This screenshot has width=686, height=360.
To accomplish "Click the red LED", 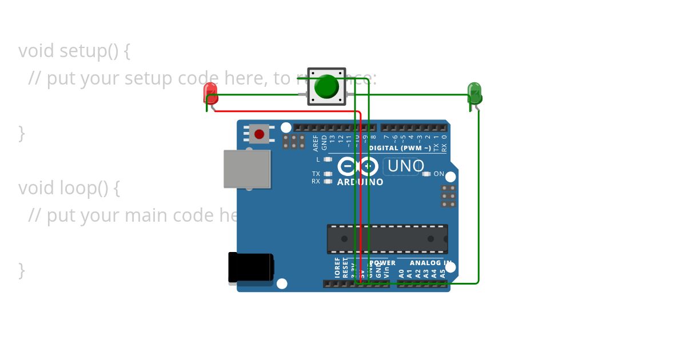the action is pyautogui.click(x=210, y=93).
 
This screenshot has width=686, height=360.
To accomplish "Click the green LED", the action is pyautogui.click(x=474, y=93).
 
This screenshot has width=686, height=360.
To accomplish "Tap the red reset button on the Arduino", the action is pyautogui.click(x=259, y=134).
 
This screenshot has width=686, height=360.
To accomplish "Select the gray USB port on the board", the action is pyautogui.click(x=247, y=169).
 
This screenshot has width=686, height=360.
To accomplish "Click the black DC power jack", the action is pyautogui.click(x=250, y=267).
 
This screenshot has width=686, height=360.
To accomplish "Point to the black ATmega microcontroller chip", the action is pyautogui.click(x=387, y=239).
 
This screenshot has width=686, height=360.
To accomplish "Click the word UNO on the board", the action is pyautogui.click(x=405, y=166).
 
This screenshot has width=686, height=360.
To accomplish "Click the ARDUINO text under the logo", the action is pyautogui.click(x=360, y=182).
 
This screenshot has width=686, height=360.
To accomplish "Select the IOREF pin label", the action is pyautogui.click(x=337, y=267).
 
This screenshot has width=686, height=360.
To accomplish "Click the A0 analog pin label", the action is pyautogui.click(x=401, y=273).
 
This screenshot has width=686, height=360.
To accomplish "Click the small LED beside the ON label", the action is pyautogui.click(x=426, y=174).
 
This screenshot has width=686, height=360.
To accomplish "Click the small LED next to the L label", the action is pyautogui.click(x=328, y=159).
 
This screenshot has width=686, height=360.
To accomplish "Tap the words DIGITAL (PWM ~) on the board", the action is pyautogui.click(x=400, y=148).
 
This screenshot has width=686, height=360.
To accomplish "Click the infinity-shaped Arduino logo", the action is pyautogui.click(x=358, y=167).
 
